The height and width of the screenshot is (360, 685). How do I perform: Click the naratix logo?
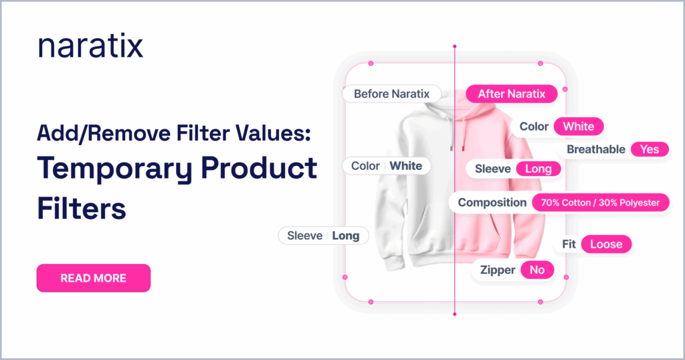pyautogui.click(x=90, y=46)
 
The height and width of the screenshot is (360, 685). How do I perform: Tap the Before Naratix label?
pyautogui.click(x=391, y=94)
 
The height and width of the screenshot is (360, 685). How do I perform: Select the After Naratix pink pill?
pyautogui.click(x=512, y=94)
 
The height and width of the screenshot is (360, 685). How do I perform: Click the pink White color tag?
pyautogui.click(x=579, y=126)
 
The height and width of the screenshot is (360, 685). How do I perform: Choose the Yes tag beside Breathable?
pyautogui.click(x=650, y=149)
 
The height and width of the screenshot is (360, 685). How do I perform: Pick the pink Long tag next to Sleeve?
pyautogui.click(x=539, y=169)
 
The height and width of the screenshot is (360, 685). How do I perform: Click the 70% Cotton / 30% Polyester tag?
pyautogui.click(x=600, y=203)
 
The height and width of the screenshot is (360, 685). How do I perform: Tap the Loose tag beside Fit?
pyautogui.click(x=606, y=244)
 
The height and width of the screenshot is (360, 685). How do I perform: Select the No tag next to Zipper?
pyautogui.click(x=537, y=270)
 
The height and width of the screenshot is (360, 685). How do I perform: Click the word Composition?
pyautogui.click(x=492, y=203)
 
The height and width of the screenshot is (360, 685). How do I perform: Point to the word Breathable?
pyautogui.click(x=596, y=149)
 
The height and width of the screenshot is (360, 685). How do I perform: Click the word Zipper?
pyautogui.click(x=498, y=270)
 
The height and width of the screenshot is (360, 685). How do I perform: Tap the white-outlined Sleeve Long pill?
pyautogui.click(x=323, y=236)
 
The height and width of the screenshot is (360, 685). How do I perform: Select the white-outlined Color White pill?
pyautogui.click(x=387, y=166)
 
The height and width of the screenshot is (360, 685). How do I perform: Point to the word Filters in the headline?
pyautogui.click(x=82, y=208)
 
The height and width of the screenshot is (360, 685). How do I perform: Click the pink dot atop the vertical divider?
pyautogui.click(x=455, y=46)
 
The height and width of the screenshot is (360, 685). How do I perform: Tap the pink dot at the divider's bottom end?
pyautogui.click(x=455, y=314)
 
